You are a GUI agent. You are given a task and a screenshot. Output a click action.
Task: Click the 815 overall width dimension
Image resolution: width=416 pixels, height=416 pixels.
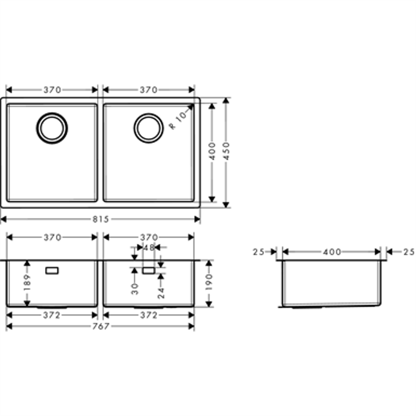[100, 219]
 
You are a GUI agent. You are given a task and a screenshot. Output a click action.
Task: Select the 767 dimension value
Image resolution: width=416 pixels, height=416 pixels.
[100, 326]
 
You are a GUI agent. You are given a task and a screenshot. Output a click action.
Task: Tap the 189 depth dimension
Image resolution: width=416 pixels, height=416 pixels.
[27, 282]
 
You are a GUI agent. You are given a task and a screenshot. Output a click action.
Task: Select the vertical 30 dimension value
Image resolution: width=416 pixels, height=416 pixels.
[134, 288]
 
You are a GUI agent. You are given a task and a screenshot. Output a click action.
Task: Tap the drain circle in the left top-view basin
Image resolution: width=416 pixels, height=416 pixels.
[52, 128]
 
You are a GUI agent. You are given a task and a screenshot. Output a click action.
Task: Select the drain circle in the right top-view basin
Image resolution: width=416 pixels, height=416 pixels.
[149, 128]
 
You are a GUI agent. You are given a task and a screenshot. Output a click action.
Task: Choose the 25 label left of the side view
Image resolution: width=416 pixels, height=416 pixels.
[258, 251]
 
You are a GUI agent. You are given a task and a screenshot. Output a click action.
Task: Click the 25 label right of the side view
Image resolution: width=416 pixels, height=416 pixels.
[409, 251]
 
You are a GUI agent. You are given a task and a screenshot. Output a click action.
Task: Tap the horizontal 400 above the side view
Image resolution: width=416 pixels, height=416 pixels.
[332, 251]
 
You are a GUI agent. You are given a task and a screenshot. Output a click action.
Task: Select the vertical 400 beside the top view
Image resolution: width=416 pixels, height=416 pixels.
[211, 152]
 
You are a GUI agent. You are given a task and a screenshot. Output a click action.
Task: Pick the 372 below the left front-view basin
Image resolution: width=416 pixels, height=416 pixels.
[52, 315]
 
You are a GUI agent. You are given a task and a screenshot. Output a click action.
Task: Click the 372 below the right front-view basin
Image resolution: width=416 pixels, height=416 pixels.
[149, 315]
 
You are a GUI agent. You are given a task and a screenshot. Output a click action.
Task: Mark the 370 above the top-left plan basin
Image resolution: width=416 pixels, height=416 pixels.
[52, 90]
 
